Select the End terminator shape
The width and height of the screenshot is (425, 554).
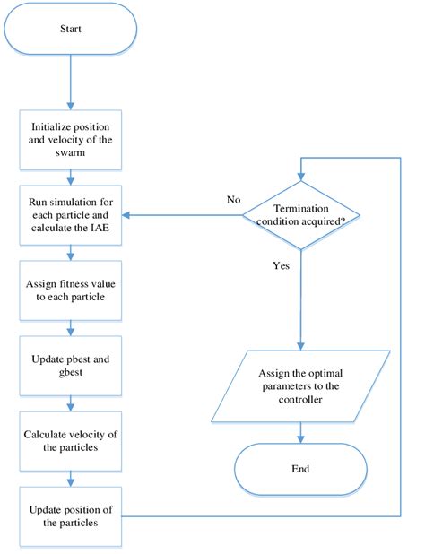pyautogui.click(x=300, y=467)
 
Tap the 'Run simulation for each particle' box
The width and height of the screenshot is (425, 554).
pyautogui.click(x=71, y=214)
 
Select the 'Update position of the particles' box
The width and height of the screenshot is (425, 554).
pyautogui.click(x=71, y=516)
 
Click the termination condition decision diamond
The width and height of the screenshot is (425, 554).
pyautogui.click(x=300, y=216)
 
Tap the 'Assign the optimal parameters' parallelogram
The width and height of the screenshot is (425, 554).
pyautogui.click(x=300, y=385)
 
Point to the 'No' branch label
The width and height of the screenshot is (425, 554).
pyautogui.click(x=234, y=200)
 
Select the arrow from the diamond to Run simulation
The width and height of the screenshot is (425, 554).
pyautogui.click(x=179, y=216)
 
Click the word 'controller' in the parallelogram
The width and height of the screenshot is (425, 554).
pyautogui.click(x=300, y=400)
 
